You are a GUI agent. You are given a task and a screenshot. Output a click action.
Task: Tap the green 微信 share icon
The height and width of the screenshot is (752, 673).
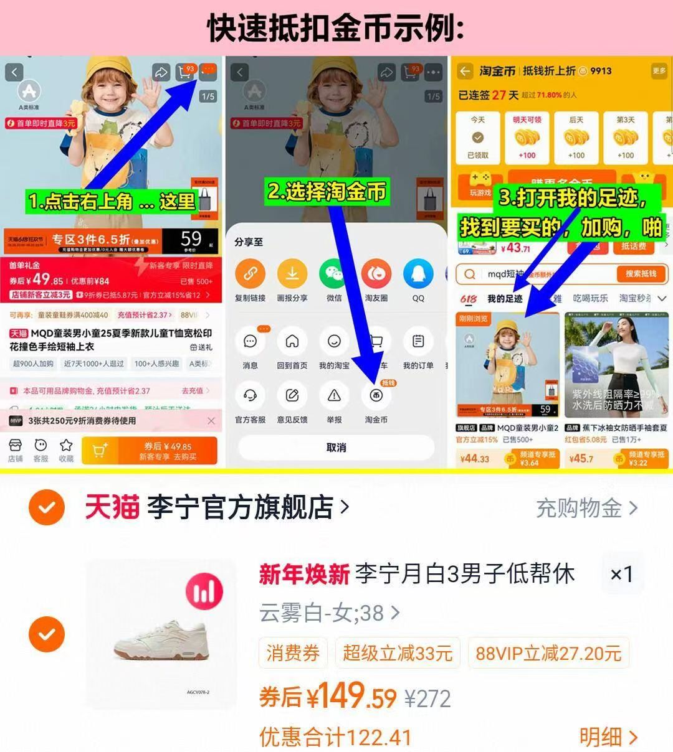pyautogui.click(x=334, y=275)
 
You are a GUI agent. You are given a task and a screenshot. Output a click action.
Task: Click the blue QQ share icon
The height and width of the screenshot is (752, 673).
pyautogui.click(x=418, y=275)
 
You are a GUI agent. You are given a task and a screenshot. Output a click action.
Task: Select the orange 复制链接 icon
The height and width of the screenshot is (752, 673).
pyautogui.click(x=250, y=275)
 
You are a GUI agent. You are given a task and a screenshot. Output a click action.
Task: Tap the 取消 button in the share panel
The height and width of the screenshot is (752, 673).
pyautogui.click(x=336, y=448)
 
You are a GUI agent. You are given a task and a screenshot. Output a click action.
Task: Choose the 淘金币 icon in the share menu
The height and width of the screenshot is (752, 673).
pyautogui.click(x=376, y=396)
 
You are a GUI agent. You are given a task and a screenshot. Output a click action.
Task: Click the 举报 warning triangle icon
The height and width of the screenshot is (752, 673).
pyautogui.click(x=334, y=396)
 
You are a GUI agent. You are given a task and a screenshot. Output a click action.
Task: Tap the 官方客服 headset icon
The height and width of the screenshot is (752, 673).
pyautogui.click(x=250, y=396)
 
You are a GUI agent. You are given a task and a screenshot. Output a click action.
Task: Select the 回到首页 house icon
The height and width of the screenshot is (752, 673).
pyautogui.click(x=292, y=341)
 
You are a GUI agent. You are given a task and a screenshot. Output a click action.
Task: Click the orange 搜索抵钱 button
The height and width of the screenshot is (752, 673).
pyautogui.click(x=641, y=274)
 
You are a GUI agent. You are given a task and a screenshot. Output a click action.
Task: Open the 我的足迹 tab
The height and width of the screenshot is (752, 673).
pyautogui.click(x=504, y=299)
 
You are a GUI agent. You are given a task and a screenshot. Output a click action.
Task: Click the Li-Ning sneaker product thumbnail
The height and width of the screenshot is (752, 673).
pyautogui.click(x=161, y=634)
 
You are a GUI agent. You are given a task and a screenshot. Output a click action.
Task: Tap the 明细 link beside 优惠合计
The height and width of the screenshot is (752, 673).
pyautogui.click(x=608, y=737)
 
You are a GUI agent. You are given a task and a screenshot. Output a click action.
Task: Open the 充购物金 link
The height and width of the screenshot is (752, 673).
pyautogui.click(x=586, y=508)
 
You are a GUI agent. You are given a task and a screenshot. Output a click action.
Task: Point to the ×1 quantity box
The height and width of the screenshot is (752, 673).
pyautogui.click(x=621, y=574)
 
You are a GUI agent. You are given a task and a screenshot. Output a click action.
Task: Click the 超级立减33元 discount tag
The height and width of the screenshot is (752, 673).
pyautogui.click(x=397, y=653)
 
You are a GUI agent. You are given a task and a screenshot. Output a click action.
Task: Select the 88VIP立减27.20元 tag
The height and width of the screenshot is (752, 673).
pyautogui.click(x=548, y=653)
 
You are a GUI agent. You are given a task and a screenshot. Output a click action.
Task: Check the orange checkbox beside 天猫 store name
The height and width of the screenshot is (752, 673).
pyautogui.click(x=47, y=508)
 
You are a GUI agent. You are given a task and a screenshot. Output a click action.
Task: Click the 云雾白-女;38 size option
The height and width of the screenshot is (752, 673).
pyautogui.click(x=329, y=613)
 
